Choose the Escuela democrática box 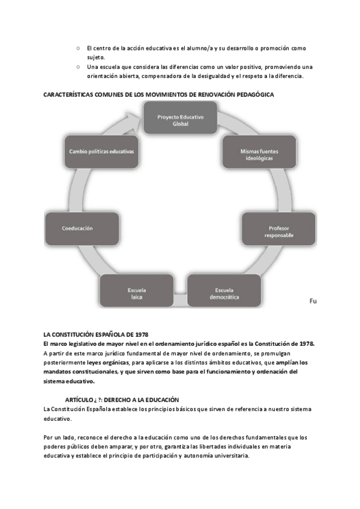pos(224,294)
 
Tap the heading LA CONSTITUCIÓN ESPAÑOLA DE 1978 pos(96,334)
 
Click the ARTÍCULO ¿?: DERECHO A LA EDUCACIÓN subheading pos(122,399)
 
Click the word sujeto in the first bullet pos(95,57)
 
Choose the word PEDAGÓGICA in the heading pos(255,94)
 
